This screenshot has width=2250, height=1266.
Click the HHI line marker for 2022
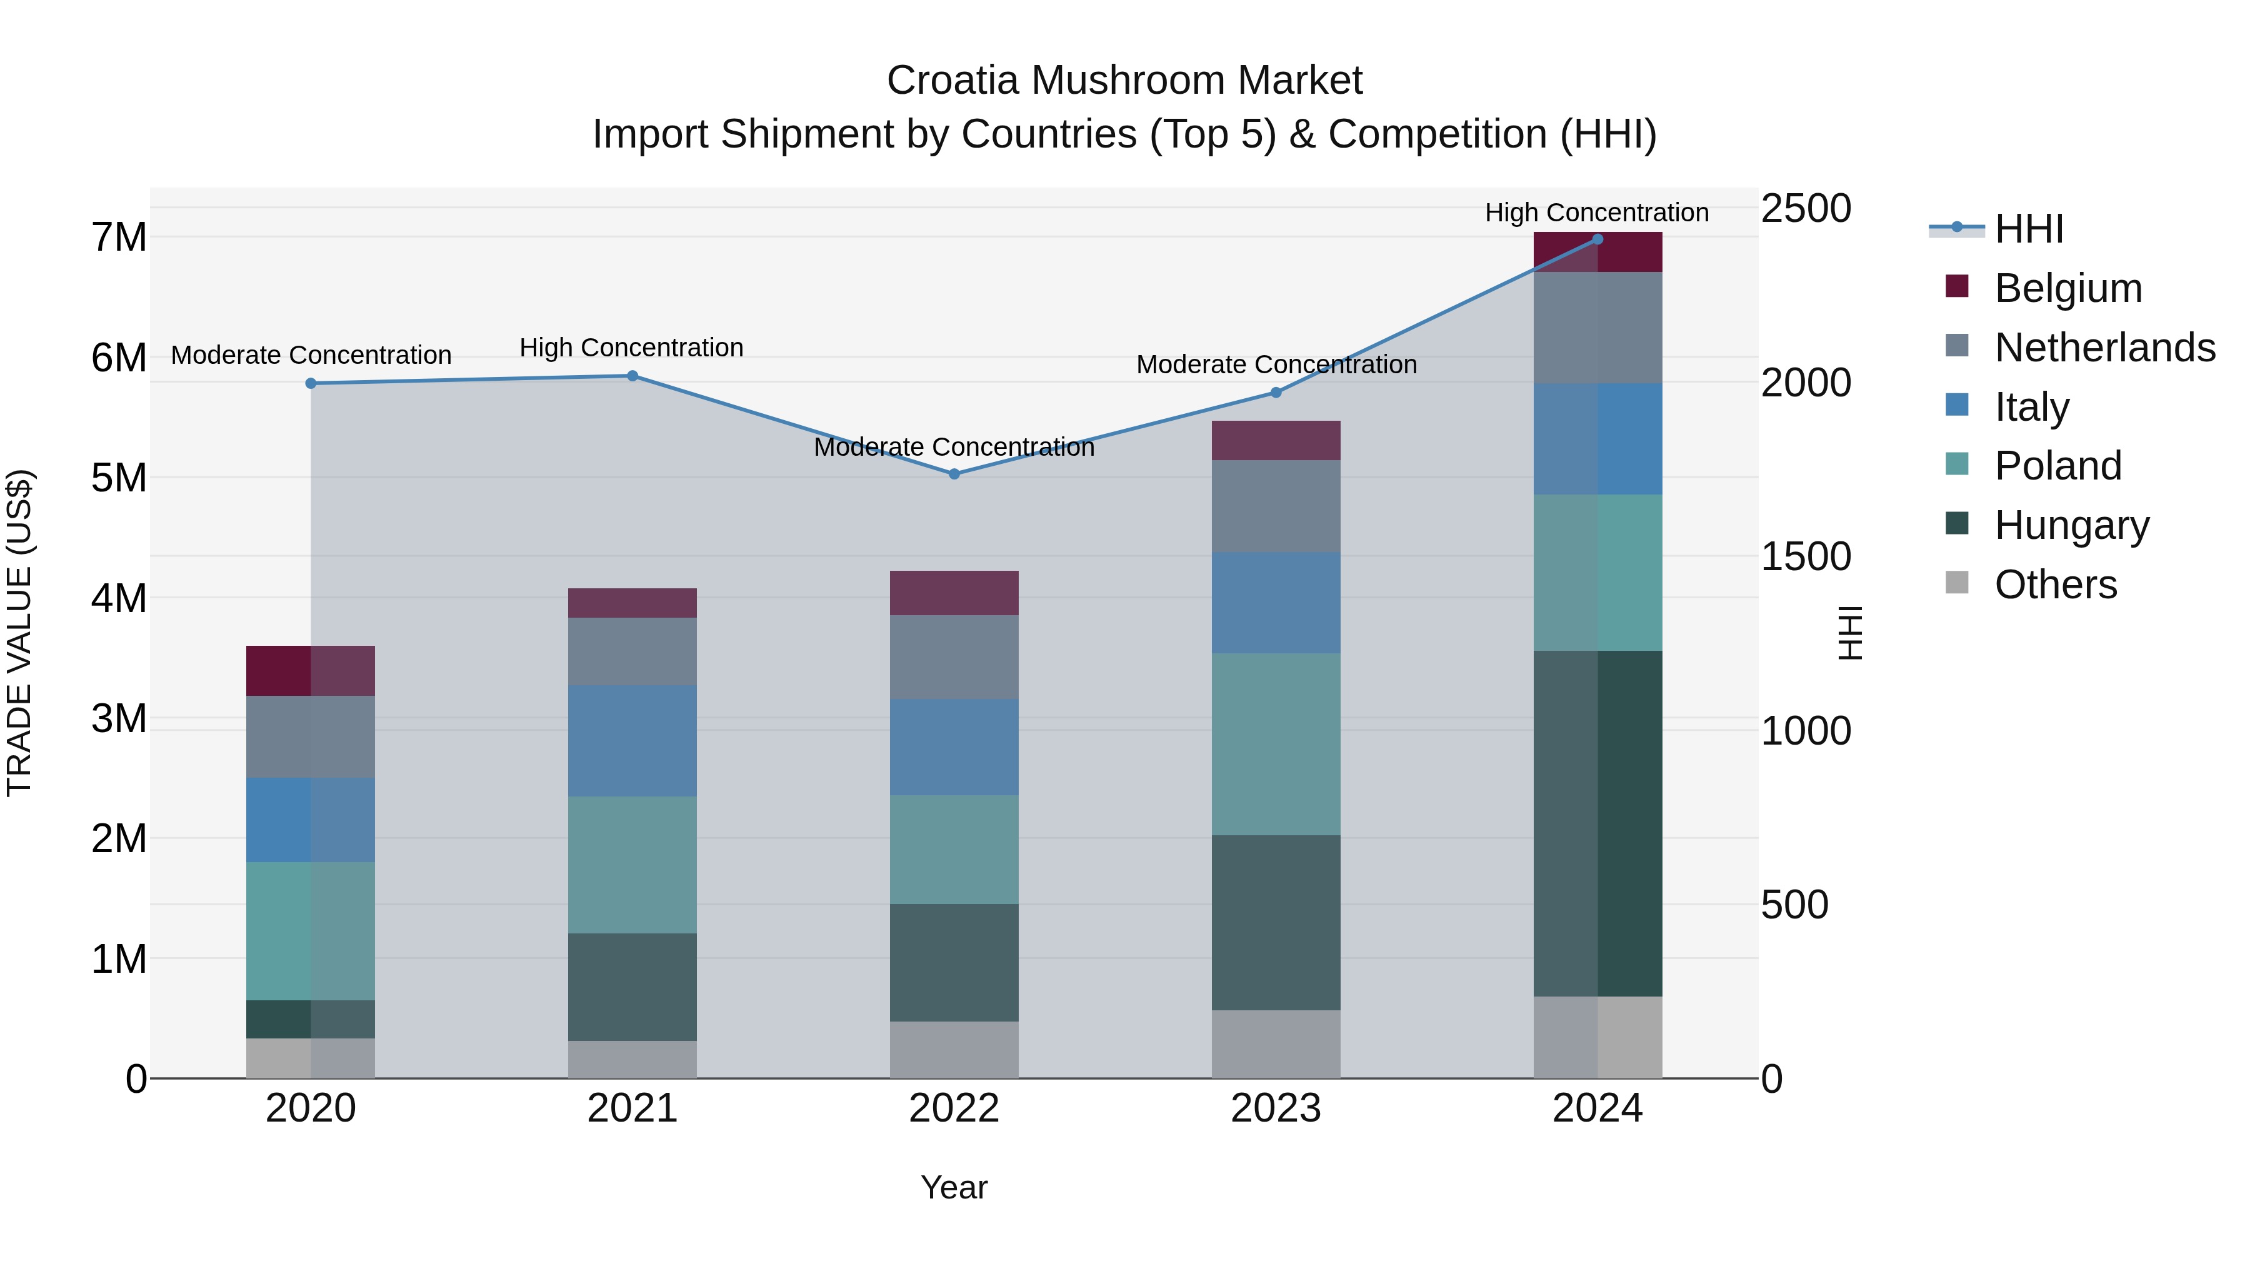click(954, 475)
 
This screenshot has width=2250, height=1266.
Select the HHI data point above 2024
click(1597, 239)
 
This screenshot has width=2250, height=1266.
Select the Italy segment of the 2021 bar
click(632, 740)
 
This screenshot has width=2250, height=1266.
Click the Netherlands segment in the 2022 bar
click(954, 657)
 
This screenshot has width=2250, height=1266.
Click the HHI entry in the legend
click(2028, 229)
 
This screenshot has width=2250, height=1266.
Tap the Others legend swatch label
click(2055, 585)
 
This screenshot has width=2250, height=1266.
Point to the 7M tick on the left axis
click(119, 238)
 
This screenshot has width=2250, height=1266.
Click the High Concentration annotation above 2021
click(631, 348)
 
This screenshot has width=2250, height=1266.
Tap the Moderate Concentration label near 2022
click(954, 448)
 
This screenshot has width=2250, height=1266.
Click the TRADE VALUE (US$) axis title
click(20, 633)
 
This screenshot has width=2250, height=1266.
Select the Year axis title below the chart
click(954, 1187)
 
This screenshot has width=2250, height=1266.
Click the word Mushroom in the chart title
click(1125, 81)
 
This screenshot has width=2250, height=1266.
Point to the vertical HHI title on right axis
click(1850, 633)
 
